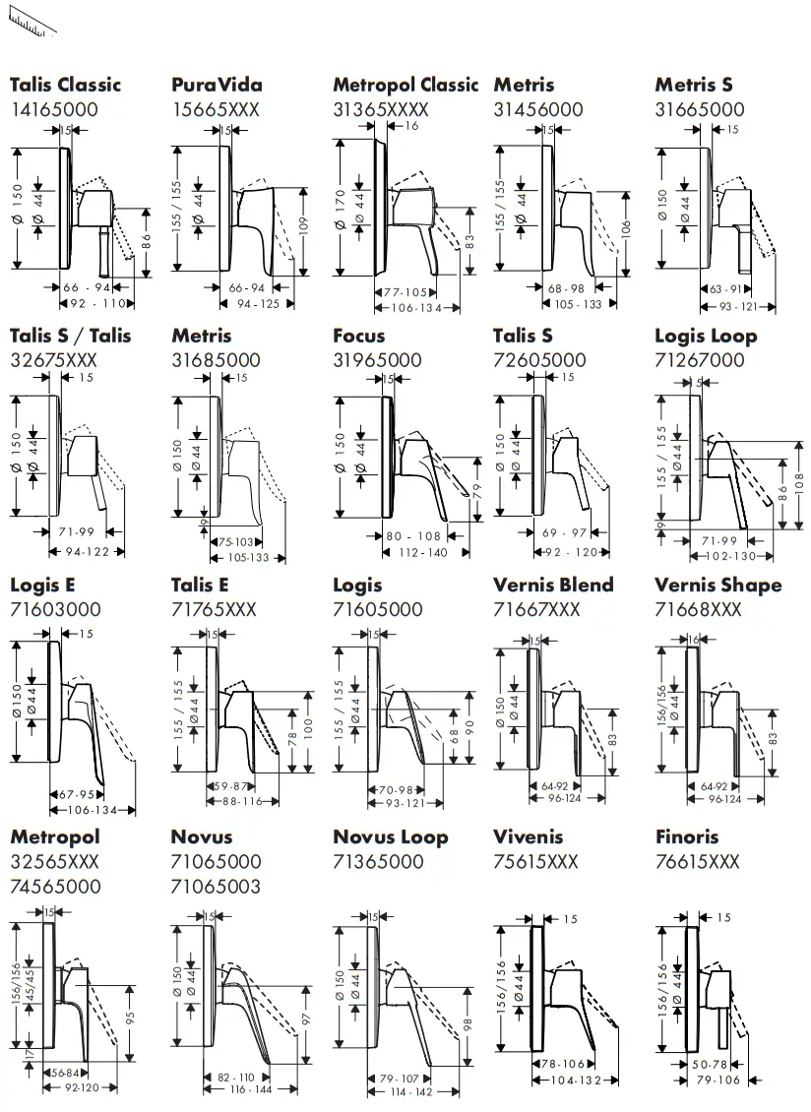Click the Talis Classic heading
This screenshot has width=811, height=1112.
[x=66, y=85]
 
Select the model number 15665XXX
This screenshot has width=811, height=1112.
[x=216, y=109]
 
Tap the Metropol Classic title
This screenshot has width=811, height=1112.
[x=405, y=85]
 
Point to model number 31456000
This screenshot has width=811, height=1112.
[x=538, y=109]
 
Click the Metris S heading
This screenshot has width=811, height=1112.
[x=694, y=85]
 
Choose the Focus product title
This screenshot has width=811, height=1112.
[x=359, y=336]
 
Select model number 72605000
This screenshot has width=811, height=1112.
[x=539, y=360]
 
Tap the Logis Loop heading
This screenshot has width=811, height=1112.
[x=706, y=336]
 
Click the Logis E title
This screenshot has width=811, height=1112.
[x=42, y=586]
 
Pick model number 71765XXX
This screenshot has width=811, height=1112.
[x=214, y=610]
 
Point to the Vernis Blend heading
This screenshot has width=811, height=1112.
[x=553, y=586]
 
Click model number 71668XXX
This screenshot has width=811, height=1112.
[x=698, y=610]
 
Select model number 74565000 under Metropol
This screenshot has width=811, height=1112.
[x=56, y=886]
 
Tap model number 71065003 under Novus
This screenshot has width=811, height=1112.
[x=217, y=887]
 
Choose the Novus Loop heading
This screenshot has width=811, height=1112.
[x=391, y=837]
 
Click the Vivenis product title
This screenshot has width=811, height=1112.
[x=529, y=837]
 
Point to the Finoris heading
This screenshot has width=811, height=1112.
[x=687, y=837]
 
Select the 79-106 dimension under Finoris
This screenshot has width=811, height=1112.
[x=718, y=1081]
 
